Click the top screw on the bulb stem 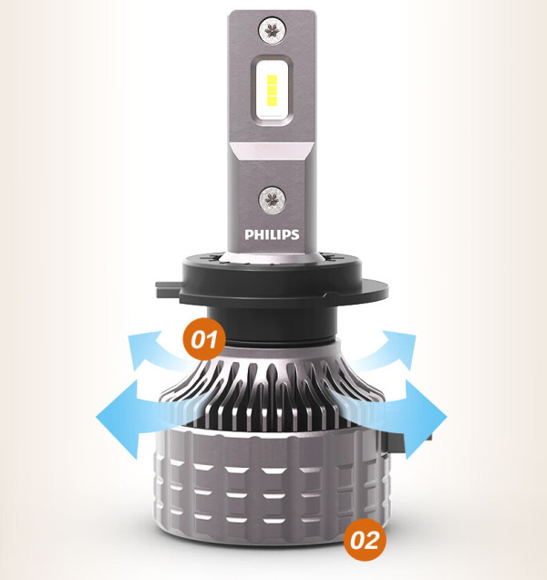(273, 30)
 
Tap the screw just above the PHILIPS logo (273, 200)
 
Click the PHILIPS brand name (272, 234)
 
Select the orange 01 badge (204, 339)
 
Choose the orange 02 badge (365, 540)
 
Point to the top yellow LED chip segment (272, 80)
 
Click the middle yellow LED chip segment (272, 90)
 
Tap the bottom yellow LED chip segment (272, 99)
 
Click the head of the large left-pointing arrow (117, 418)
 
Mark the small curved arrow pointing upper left (155, 350)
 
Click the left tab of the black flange (168, 290)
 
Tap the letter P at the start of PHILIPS (248, 234)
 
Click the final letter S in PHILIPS (295, 234)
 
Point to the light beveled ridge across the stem (272, 150)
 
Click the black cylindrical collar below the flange (273, 325)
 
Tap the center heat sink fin (273, 392)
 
